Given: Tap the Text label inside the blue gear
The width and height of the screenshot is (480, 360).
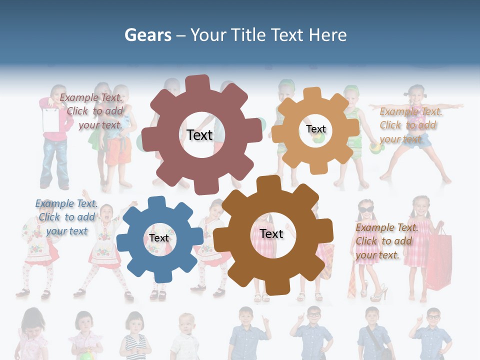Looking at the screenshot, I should (159, 238).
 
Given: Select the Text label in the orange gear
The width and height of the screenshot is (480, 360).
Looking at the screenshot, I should (315, 129).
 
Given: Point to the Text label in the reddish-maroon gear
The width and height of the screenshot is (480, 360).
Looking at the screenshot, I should (199, 135).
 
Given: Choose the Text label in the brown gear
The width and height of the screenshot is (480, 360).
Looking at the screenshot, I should (271, 233).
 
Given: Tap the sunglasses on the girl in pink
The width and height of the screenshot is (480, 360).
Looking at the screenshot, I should (365, 209).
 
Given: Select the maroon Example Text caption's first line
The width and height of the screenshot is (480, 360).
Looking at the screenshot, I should (91, 97).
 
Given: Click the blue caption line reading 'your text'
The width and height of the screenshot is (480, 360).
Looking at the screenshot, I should (66, 231).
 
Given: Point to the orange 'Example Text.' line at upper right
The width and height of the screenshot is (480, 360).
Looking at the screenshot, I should (410, 111).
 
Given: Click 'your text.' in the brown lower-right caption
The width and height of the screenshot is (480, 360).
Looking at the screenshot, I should (377, 255).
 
